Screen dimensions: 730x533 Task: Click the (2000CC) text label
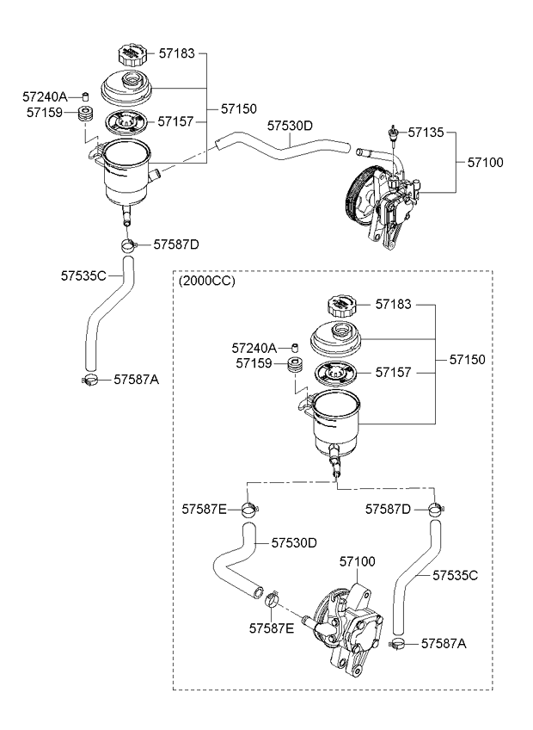point(206,281)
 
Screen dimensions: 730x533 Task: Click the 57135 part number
point(426,133)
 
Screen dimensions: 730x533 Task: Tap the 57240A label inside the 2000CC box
point(254,348)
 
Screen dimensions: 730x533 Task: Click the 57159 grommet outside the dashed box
point(85,115)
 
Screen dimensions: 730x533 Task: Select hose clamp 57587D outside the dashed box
point(129,246)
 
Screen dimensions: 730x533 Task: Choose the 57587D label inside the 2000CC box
point(389,510)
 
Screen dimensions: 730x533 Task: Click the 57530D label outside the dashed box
point(290,126)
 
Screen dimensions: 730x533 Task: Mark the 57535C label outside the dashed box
point(83,276)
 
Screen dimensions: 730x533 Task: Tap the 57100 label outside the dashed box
point(486,162)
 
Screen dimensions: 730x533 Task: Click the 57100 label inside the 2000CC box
point(358,561)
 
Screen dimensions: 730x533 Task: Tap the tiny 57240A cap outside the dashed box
point(86,96)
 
